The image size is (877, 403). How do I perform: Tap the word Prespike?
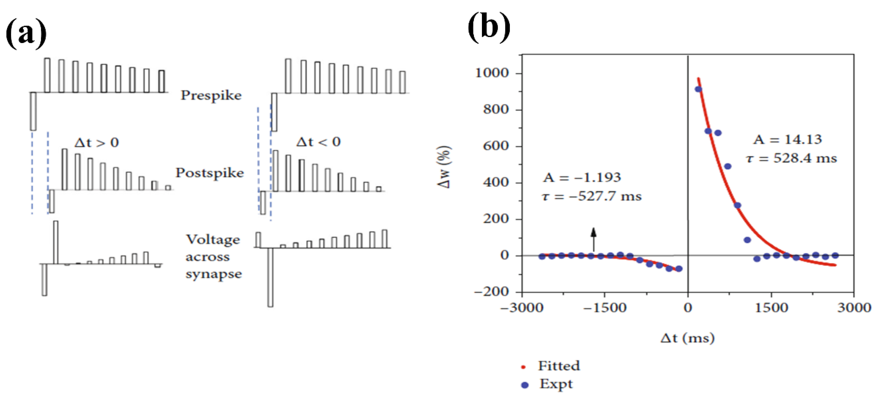[x=211, y=95]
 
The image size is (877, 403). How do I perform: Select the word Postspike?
[x=210, y=173]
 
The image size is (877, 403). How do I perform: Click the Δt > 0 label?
[x=97, y=143]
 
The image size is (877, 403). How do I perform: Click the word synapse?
[x=214, y=274]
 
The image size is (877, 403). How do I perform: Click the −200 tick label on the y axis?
[x=491, y=292]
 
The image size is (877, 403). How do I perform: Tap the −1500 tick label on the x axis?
[x=605, y=308]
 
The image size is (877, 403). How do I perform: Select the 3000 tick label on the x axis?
[x=854, y=308]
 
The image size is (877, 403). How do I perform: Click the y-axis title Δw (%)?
[x=445, y=167]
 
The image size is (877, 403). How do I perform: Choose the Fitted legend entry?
[x=558, y=366]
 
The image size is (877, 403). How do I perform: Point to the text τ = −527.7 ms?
[x=591, y=196]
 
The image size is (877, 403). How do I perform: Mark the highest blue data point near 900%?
[x=698, y=89]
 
